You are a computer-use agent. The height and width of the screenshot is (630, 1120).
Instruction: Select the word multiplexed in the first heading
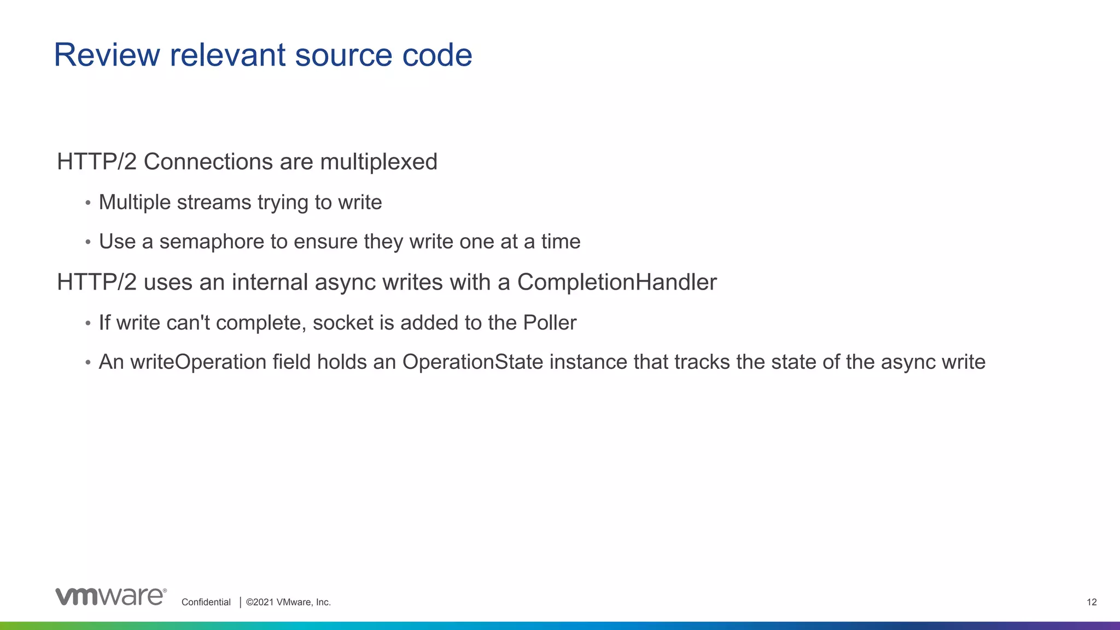(378, 162)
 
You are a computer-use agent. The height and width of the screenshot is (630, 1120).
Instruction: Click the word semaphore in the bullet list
(212, 242)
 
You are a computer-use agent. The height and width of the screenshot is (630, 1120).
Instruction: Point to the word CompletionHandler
(617, 282)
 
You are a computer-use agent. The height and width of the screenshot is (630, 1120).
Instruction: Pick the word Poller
(550, 323)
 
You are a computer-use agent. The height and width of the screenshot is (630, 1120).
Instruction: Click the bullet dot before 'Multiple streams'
(88, 203)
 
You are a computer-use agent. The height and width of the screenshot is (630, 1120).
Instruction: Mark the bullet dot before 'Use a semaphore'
(88, 242)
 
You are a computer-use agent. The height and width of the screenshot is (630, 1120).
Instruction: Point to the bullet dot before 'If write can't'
(88, 323)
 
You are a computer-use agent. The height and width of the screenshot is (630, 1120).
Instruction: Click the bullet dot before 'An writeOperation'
(88, 363)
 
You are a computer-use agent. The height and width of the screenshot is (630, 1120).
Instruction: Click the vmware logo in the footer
(111, 597)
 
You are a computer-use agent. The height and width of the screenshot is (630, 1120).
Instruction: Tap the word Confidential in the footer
(206, 602)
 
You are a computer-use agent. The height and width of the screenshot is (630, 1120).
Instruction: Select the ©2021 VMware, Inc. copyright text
(288, 602)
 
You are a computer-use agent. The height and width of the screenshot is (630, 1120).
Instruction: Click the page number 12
(1092, 602)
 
